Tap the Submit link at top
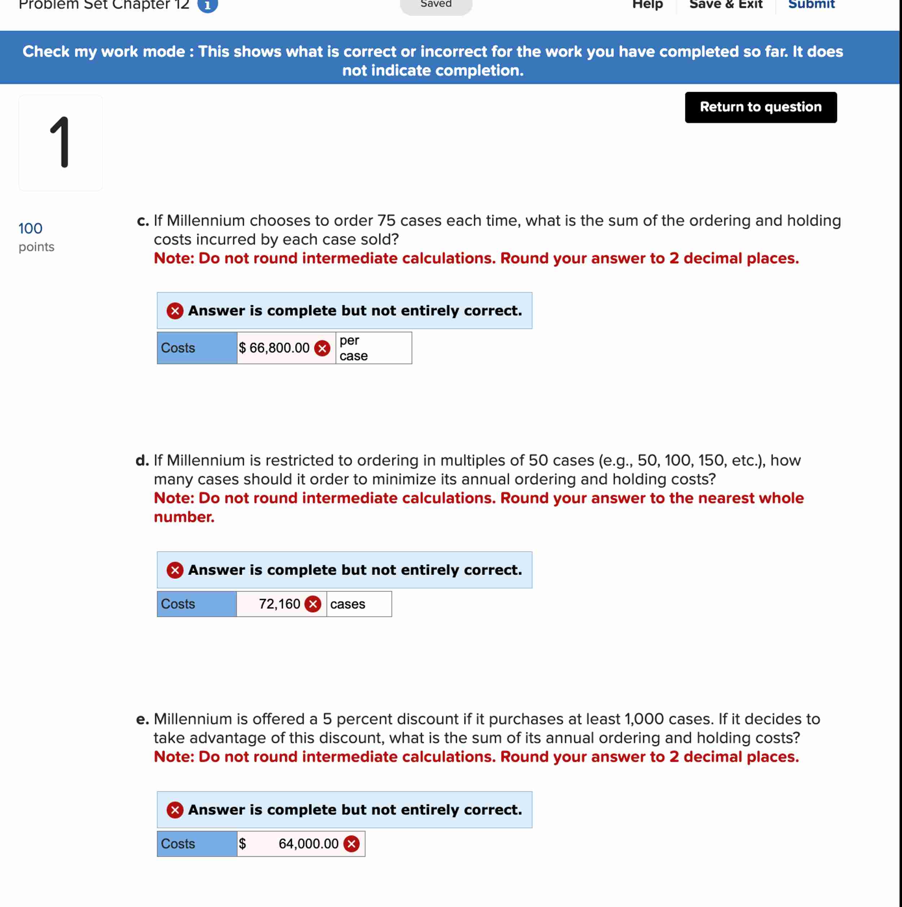[811, 5]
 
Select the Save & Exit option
[725, 5]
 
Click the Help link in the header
[647, 5]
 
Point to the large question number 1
[61, 143]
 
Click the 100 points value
[31, 229]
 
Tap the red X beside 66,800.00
[322, 348]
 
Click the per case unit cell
[373, 348]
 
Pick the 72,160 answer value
[279, 604]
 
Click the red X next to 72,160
[313, 604]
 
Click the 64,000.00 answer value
[308, 843]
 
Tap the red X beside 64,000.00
[351, 843]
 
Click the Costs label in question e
[178, 843]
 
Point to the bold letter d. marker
[142, 461]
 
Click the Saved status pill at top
[436, 5]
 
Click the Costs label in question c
[178, 348]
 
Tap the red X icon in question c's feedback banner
[175, 311]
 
